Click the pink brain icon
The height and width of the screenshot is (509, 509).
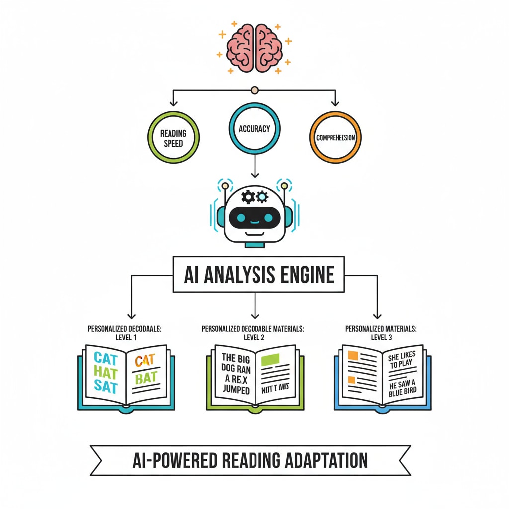[x=254, y=48]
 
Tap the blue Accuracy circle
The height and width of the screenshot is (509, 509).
[x=254, y=129]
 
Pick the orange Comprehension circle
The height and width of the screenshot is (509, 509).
[x=336, y=137]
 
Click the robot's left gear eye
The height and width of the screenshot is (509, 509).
[x=247, y=197]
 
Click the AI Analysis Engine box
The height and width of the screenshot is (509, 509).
[x=258, y=274]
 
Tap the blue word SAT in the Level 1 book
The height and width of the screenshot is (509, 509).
[x=105, y=388]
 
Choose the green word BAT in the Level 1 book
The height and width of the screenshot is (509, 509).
[x=146, y=377]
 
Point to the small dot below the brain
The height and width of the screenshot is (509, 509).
[x=255, y=90]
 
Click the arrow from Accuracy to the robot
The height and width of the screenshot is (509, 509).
[x=254, y=167]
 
